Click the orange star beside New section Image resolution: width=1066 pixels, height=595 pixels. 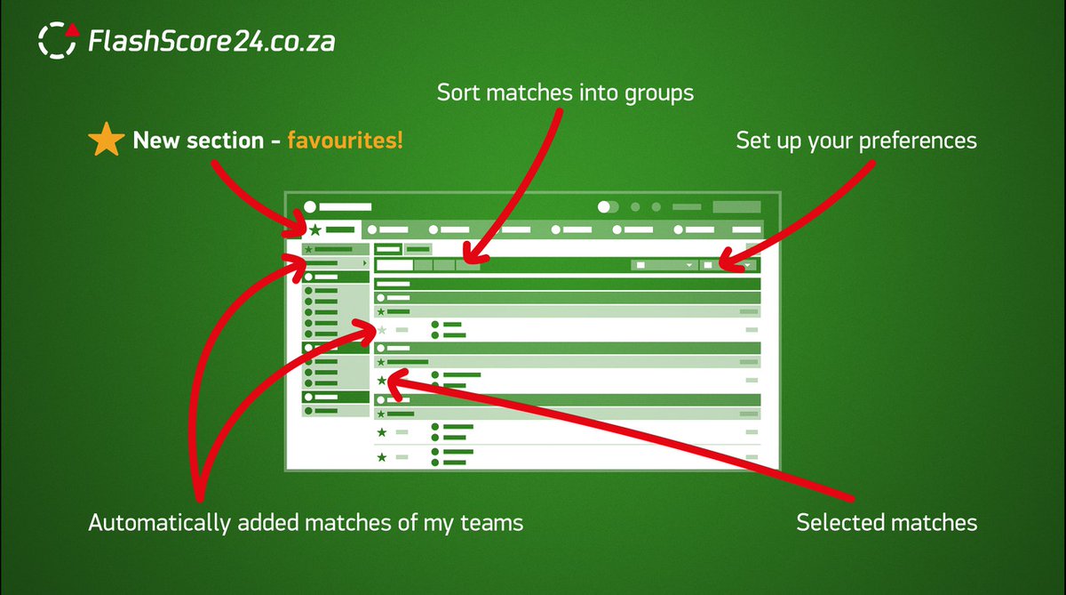pyautogui.click(x=106, y=141)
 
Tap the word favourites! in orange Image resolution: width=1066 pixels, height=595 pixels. pyautogui.click(x=345, y=141)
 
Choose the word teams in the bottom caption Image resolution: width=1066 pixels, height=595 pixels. pyautogui.click(x=492, y=523)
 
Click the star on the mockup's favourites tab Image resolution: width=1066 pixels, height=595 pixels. pyautogui.click(x=314, y=229)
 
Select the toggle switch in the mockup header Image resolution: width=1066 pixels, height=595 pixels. pyautogui.click(x=608, y=206)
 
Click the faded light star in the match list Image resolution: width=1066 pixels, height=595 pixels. pyautogui.click(x=382, y=330)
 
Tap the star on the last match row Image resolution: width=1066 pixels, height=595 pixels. pyautogui.click(x=382, y=457)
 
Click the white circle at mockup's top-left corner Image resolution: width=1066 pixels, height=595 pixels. pyautogui.click(x=310, y=206)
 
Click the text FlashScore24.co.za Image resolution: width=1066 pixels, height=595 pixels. pyautogui.click(x=211, y=41)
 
